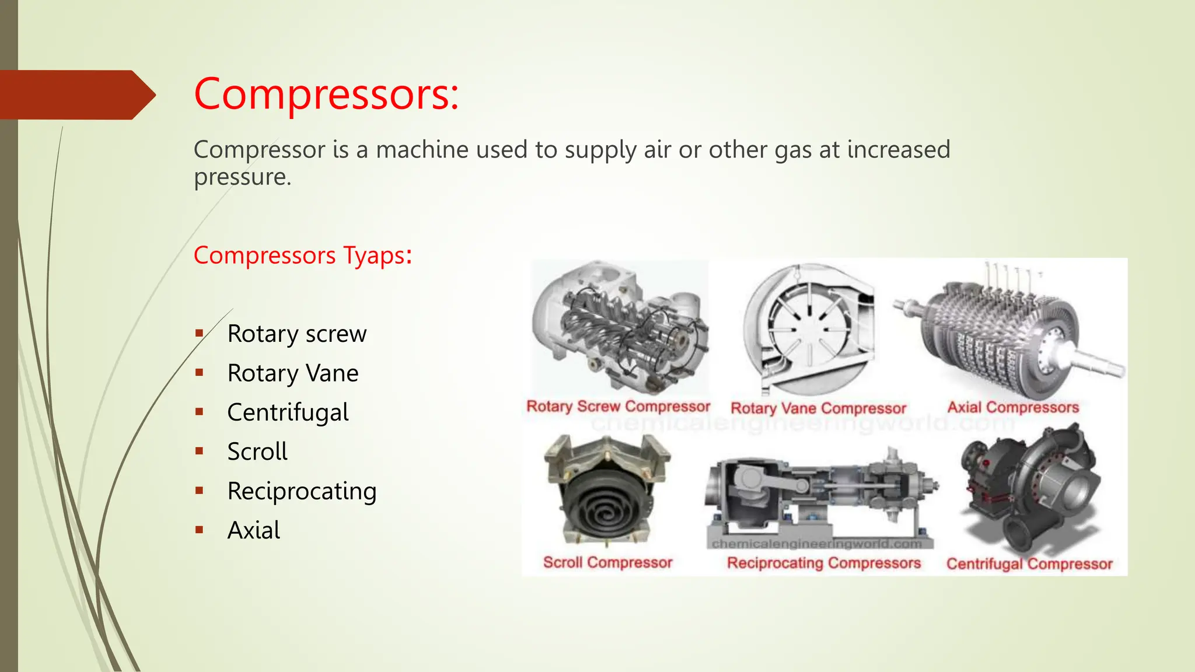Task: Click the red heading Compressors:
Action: point(326,94)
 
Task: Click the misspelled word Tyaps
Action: point(374,256)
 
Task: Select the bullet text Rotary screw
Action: point(296,334)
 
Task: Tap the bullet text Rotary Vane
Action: point(292,373)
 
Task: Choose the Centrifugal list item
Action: point(288,412)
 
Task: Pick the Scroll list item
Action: point(257,452)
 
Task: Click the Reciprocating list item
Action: point(302,491)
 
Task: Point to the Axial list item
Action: point(253,530)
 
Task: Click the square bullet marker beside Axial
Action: point(200,530)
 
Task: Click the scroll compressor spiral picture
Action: point(607,490)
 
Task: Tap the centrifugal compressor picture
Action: point(1032,490)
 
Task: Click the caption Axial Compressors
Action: point(1012,407)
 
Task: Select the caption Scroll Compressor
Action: point(607,562)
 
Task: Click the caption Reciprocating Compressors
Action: point(823,563)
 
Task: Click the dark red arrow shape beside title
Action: point(76,95)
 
